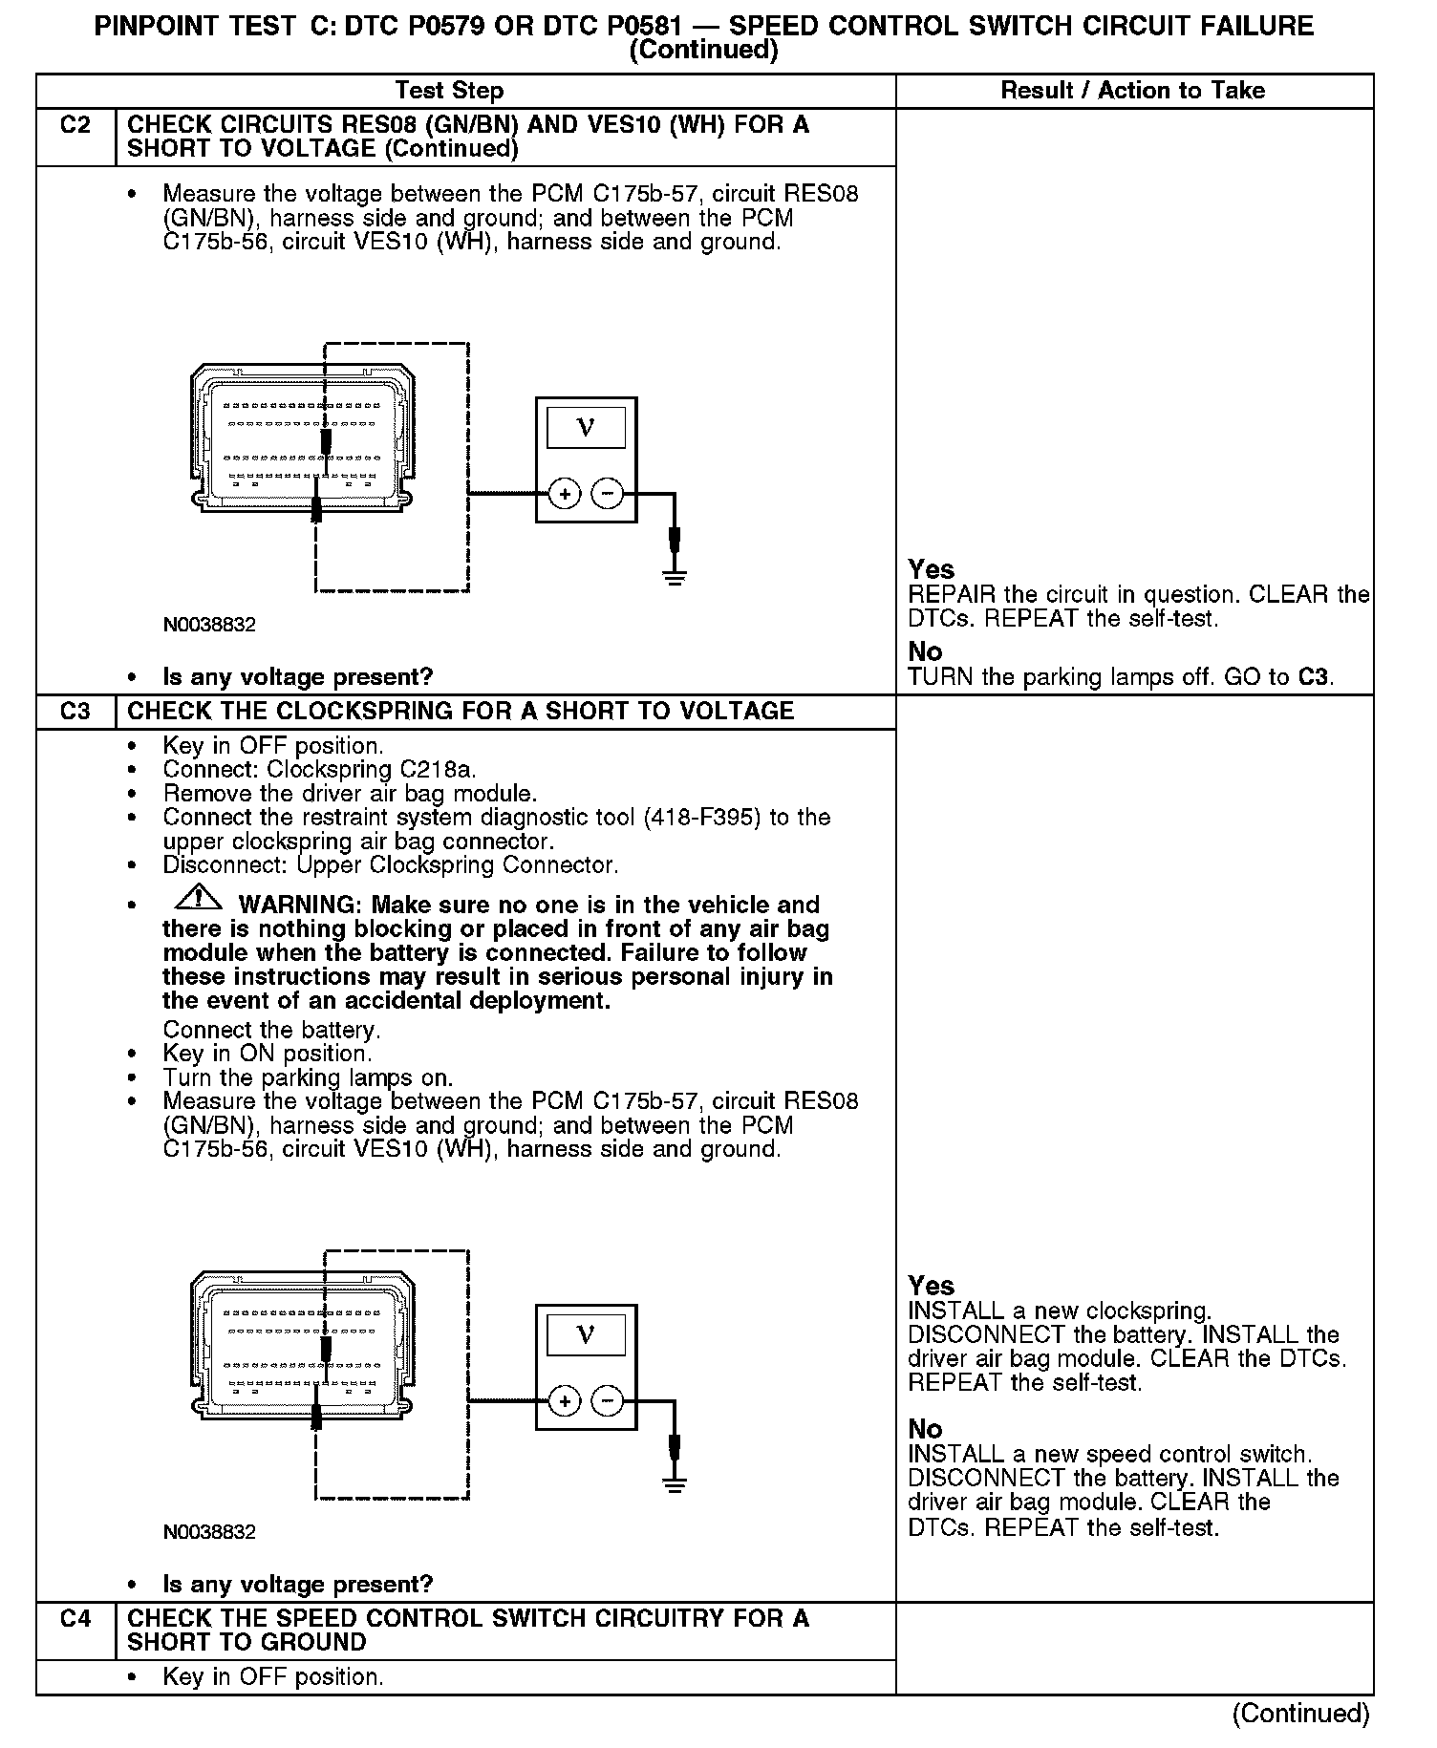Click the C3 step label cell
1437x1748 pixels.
pyautogui.click(x=75, y=712)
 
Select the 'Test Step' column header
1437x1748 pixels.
pyautogui.click(x=449, y=91)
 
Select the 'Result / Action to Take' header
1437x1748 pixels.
pyautogui.click(x=1132, y=91)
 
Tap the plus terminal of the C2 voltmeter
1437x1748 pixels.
pyautogui.click(x=565, y=494)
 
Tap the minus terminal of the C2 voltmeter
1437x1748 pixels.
pyautogui.click(x=607, y=494)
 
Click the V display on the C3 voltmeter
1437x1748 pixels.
pyautogui.click(x=586, y=1334)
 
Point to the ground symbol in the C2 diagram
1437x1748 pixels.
pyautogui.click(x=675, y=576)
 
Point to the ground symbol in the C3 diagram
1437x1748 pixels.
pyautogui.click(x=675, y=1483)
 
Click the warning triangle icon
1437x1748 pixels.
pyautogui.click(x=198, y=899)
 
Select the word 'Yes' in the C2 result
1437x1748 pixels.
pyautogui.click(x=931, y=569)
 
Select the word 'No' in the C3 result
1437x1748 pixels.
pyautogui.click(x=925, y=1429)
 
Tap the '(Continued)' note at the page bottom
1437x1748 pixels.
pyautogui.click(x=1300, y=1713)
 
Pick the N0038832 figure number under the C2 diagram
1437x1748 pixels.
pyautogui.click(x=209, y=625)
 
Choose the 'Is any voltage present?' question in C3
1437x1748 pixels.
pyautogui.click(x=298, y=1585)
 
